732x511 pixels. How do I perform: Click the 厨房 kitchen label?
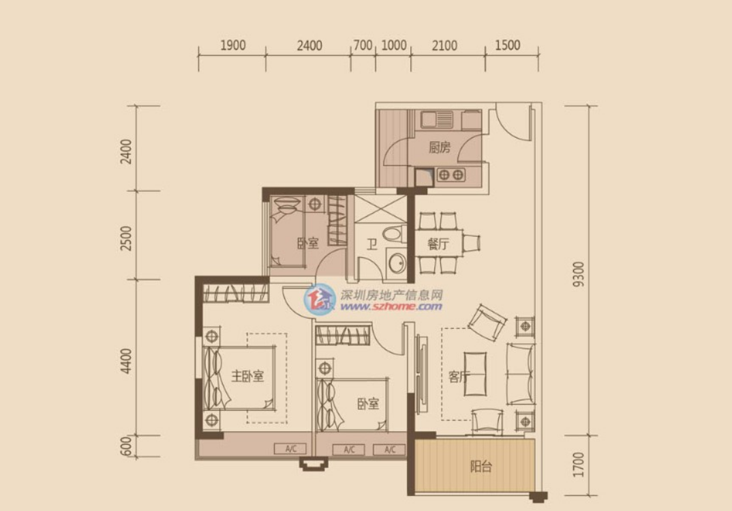(x=440, y=147)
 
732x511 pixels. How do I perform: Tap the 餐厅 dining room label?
(x=438, y=244)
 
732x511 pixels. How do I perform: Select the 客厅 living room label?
(x=459, y=377)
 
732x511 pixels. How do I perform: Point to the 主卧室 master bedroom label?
(x=247, y=375)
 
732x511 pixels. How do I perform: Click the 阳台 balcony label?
(x=481, y=466)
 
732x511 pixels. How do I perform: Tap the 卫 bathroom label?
(x=371, y=244)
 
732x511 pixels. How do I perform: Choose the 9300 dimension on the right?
(x=579, y=274)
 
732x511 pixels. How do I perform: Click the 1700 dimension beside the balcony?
(x=579, y=465)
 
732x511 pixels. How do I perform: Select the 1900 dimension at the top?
(x=233, y=45)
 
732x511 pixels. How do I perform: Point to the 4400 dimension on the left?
(x=126, y=361)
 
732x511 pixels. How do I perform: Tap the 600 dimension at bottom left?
(x=126, y=447)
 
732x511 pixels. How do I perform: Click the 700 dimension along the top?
(x=363, y=45)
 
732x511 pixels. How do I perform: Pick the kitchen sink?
(x=437, y=119)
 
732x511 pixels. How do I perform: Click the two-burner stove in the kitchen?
(x=451, y=175)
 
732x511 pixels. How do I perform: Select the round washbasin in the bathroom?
(x=397, y=263)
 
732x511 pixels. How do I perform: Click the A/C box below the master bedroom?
(x=290, y=449)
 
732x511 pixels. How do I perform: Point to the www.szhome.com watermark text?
(x=391, y=306)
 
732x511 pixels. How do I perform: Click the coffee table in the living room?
(x=475, y=374)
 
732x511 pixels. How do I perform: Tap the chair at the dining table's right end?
(x=472, y=243)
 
